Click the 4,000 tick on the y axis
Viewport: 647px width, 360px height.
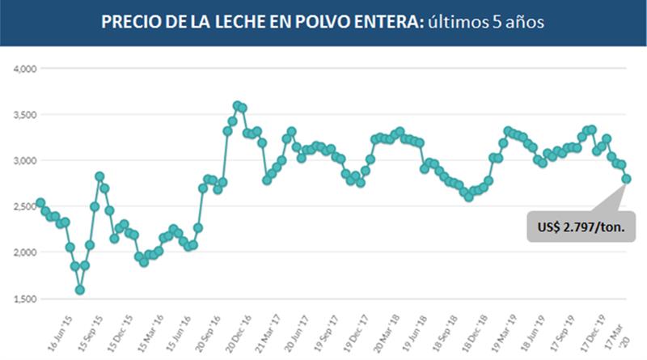tap(27, 69)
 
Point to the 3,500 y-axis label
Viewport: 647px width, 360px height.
tap(27, 115)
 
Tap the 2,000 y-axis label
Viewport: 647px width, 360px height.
tap(27, 252)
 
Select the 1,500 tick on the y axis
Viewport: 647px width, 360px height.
tap(27, 299)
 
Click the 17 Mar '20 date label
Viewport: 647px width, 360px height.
tap(619, 332)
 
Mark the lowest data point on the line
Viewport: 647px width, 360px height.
tap(80, 290)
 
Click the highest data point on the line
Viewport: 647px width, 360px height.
tap(238, 105)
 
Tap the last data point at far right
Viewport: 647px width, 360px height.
tap(627, 179)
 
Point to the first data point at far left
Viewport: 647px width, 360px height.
tap(40, 202)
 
